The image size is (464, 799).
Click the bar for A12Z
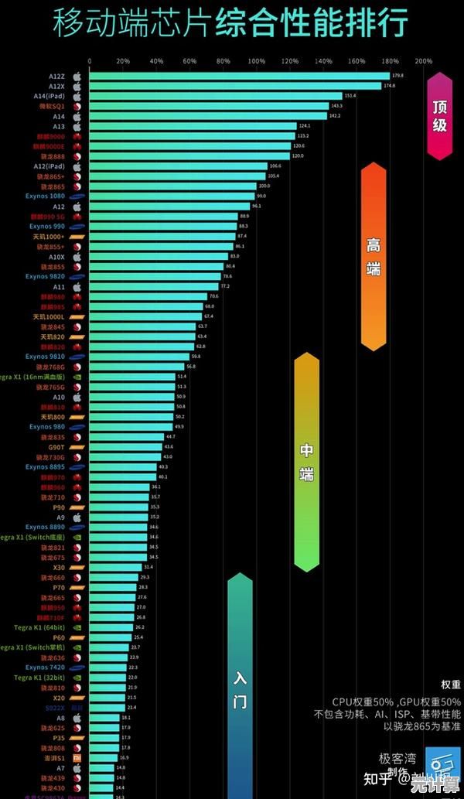click(239, 76)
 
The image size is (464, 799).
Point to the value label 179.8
click(398, 76)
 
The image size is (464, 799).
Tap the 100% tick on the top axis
click(256, 60)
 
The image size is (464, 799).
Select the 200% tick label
click(424, 60)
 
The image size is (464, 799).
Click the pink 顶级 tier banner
click(439, 116)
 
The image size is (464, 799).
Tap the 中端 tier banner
click(307, 462)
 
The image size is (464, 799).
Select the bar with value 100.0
click(172, 186)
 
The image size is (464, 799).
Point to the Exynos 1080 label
click(46, 196)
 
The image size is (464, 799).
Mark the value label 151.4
click(350, 96)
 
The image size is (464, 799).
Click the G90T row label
click(57, 447)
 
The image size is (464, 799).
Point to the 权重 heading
click(451, 685)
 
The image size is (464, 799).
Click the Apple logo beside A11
click(77, 286)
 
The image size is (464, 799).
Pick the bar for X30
click(115, 567)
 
